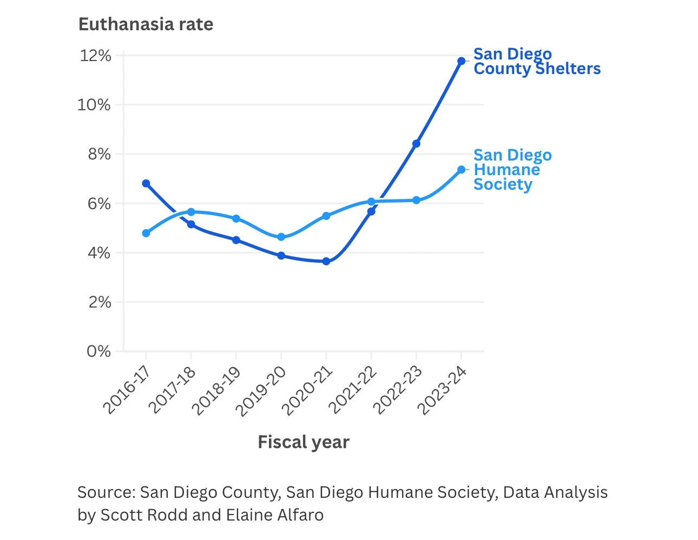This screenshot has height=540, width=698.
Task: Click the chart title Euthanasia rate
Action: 146,24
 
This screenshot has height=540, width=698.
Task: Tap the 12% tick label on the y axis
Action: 96,56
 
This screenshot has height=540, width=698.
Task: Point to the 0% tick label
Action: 98,351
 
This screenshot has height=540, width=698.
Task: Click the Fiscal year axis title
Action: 304,442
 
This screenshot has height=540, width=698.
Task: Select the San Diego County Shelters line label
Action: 536,61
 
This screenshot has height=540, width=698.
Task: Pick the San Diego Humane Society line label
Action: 512,170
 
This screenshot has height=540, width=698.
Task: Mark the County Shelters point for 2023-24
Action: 461,61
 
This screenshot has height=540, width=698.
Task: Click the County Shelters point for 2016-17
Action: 146,183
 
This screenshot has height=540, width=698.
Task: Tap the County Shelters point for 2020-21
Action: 326,261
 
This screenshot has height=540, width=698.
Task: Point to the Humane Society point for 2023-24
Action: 461,170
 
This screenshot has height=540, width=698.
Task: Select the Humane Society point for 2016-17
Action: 146,233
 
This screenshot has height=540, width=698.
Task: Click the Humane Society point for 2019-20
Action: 281,237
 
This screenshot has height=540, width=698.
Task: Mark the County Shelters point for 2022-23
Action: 416,144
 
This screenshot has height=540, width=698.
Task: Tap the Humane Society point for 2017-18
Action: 191,212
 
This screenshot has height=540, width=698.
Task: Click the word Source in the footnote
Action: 106,492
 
